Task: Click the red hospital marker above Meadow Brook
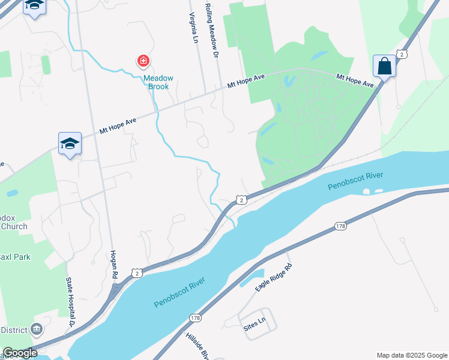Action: click(143, 61)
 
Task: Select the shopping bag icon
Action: click(384, 66)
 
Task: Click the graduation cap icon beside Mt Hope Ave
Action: click(70, 144)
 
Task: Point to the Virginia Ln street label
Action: click(193, 29)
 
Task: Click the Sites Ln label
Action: click(255, 324)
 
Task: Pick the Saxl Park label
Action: click(15, 257)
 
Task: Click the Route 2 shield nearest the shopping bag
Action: click(402, 54)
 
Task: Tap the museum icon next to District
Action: click(37, 329)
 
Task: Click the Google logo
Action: click(19, 353)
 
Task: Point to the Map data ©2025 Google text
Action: click(411, 355)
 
